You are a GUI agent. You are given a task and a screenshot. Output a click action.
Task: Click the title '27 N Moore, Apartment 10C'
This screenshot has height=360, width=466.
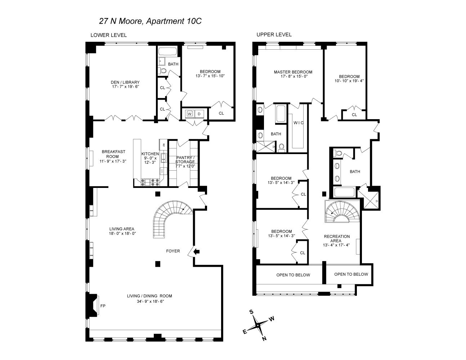point(150,21)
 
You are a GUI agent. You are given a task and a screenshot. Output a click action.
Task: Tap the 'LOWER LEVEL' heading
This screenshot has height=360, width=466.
point(108,35)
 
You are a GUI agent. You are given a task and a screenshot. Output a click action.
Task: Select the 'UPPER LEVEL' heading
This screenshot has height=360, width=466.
point(274,35)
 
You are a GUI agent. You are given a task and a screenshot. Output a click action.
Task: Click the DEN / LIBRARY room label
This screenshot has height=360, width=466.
point(125,82)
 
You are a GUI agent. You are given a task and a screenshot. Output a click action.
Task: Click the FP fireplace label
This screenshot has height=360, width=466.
point(103,306)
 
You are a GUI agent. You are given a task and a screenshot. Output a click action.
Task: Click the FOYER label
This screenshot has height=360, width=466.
point(173,251)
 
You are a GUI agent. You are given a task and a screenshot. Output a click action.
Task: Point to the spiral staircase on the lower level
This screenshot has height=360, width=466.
point(167,218)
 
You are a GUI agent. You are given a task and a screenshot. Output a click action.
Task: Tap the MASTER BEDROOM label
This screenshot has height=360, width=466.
point(293,72)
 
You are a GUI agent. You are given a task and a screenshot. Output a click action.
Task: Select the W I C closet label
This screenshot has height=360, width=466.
point(299,123)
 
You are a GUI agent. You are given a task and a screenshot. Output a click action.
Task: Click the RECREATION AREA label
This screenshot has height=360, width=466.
point(337,239)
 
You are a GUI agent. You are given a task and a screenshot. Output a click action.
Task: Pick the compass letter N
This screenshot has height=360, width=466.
point(264,338)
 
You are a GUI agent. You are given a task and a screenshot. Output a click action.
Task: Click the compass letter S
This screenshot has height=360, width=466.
point(252,312)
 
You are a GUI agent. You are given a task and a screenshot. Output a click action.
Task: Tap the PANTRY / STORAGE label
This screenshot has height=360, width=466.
point(185,159)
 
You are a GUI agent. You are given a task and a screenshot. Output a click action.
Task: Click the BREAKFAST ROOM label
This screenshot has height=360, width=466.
point(113,154)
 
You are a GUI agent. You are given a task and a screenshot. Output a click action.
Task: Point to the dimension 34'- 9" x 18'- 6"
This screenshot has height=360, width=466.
point(149,302)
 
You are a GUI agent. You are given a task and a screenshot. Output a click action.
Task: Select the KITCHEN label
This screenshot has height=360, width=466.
point(150,154)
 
